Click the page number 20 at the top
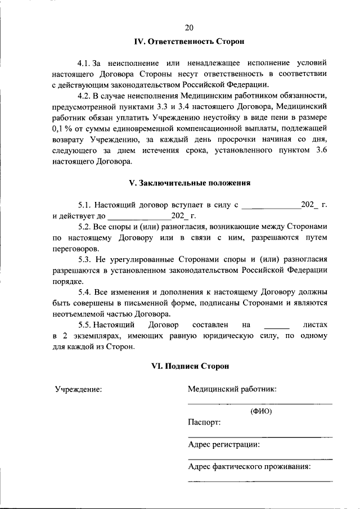click(189, 27)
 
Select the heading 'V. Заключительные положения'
click(190, 183)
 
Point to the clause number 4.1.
click(84, 64)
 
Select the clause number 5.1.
click(84, 205)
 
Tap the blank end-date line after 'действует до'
click(139, 218)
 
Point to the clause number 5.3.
click(84, 259)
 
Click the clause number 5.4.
click(84, 292)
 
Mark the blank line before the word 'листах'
click(276, 327)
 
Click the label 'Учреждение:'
click(78, 389)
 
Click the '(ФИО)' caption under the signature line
click(260, 411)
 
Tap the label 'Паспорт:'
click(204, 422)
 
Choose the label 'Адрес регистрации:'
click(224, 444)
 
